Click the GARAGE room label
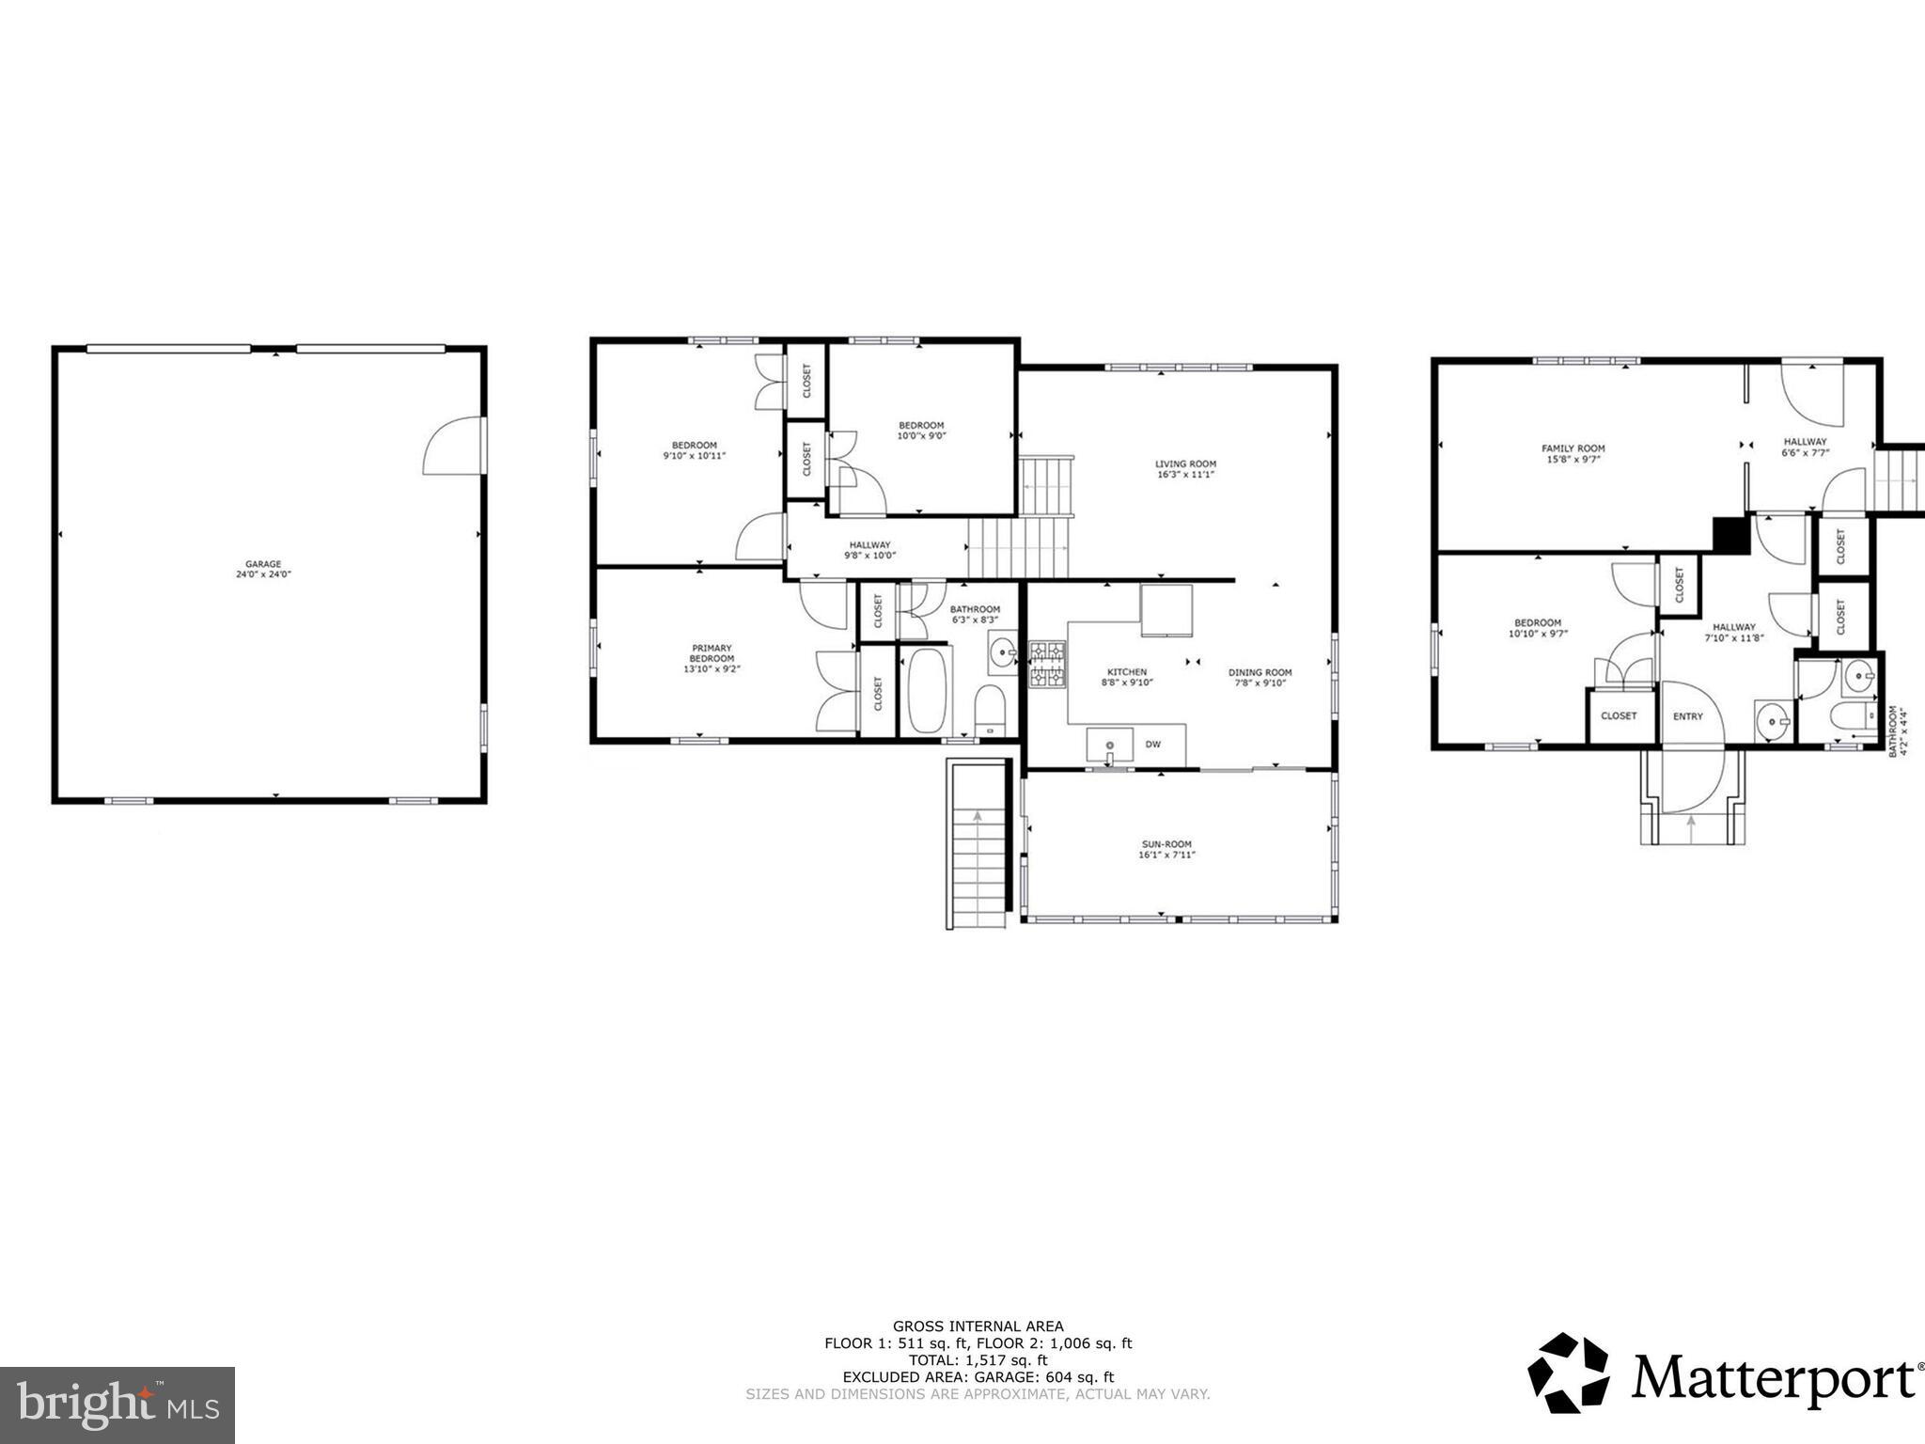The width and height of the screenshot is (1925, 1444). tap(263, 564)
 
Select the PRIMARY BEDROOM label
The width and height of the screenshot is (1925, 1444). tap(712, 653)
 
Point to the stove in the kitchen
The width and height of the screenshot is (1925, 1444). tap(1047, 665)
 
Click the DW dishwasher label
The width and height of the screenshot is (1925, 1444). tap(1152, 745)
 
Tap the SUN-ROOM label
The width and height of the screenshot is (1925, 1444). tap(1166, 844)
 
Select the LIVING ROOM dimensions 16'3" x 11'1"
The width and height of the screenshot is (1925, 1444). tap(1185, 475)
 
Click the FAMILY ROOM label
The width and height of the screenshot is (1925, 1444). tap(1573, 448)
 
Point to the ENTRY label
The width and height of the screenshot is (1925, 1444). tap(1687, 716)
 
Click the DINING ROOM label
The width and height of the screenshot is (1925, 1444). tap(1260, 672)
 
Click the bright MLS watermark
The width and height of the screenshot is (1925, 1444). tap(117, 1405)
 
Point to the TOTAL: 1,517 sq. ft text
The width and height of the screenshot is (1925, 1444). tap(978, 1359)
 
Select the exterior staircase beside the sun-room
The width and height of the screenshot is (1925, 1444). tap(978, 846)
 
